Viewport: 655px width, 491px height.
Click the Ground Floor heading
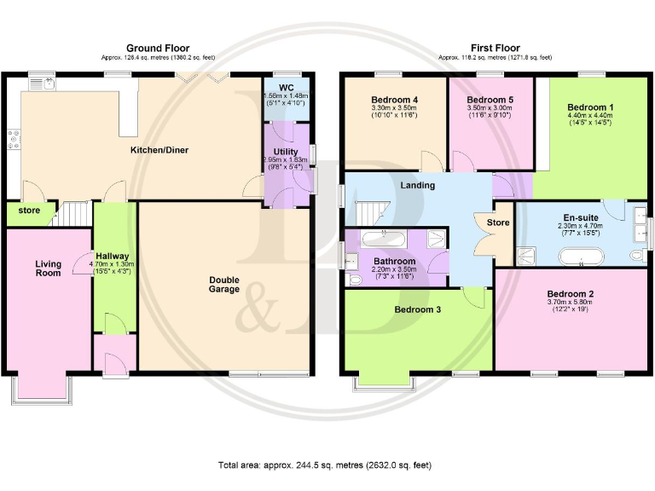[x=158, y=48]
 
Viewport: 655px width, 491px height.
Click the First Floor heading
[x=495, y=48]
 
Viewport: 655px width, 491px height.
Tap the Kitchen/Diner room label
[x=159, y=151]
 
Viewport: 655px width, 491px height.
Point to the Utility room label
[x=286, y=152]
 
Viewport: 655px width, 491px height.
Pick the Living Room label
[x=48, y=269]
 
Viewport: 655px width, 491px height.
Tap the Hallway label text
[x=112, y=256]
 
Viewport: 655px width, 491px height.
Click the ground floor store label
[x=28, y=211]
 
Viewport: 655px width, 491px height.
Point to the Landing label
[x=417, y=185]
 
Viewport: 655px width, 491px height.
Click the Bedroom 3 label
[x=417, y=309]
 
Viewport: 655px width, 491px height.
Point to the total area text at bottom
[x=325, y=465]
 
